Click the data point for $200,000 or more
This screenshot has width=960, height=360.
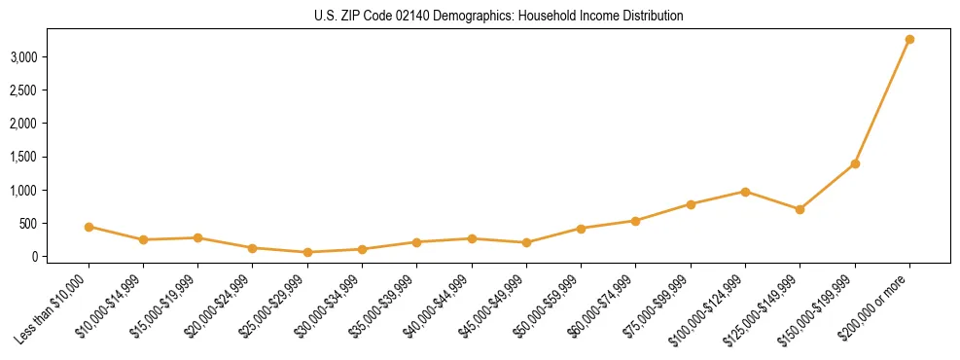pos(909,40)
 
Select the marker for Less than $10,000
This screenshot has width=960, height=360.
pos(89,227)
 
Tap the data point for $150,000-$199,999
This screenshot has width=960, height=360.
pos(855,163)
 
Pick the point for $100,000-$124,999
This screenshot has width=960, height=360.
pos(745,192)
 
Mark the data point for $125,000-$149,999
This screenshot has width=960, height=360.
pos(800,209)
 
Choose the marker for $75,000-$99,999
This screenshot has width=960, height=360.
pos(691,204)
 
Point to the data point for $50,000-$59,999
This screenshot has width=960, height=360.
pos(581,229)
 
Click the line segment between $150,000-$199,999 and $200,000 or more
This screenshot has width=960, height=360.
pos(882,102)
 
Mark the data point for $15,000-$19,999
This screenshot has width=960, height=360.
pos(197,237)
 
